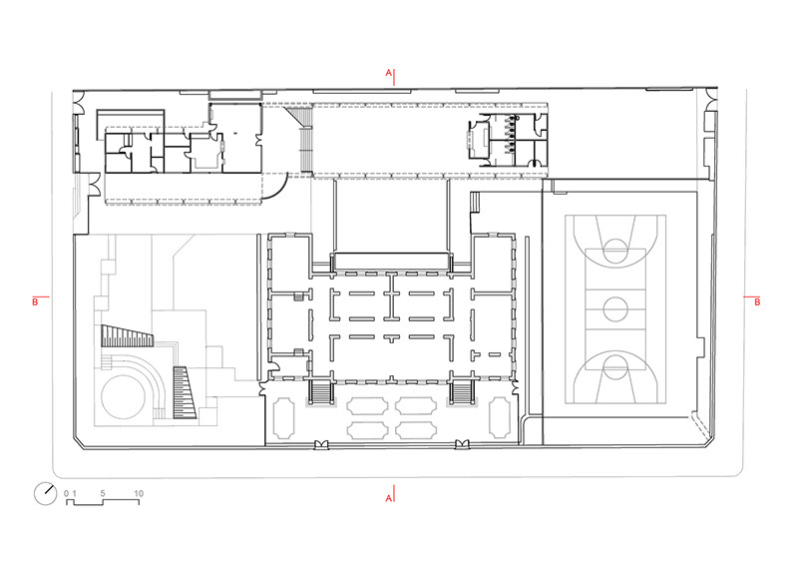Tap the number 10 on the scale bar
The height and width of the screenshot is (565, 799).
[x=139, y=493]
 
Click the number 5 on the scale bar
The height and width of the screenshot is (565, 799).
[x=103, y=493]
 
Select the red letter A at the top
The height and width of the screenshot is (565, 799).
[x=388, y=73]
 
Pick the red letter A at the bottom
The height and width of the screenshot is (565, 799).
[x=388, y=498]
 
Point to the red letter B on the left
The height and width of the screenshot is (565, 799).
[x=35, y=301]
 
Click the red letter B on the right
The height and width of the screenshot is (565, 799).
[x=757, y=301]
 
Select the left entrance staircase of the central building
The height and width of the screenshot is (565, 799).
[x=321, y=391]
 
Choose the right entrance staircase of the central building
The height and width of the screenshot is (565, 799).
[x=462, y=391]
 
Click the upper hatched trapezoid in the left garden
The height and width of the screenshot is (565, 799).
[x=127, y=336]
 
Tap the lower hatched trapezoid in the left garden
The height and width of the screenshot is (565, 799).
[x=184, y=392]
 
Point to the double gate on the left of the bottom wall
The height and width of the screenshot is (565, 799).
[x=321, y=444]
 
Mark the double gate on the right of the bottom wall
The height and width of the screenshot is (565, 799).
[x=462, y=444]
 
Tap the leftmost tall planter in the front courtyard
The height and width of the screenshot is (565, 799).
[x=284, y=418]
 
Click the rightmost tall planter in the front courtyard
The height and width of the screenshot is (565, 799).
[x=500, y=418]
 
